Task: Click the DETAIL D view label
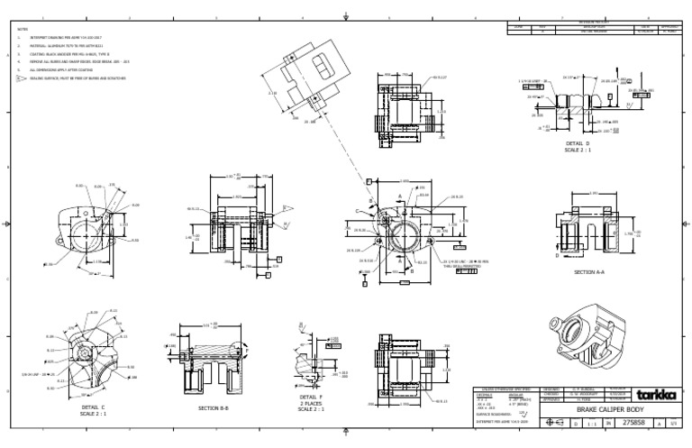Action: (x=578, y=144)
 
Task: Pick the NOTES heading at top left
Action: (x=23, y=29)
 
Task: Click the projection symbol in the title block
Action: (x=555, y=422)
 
